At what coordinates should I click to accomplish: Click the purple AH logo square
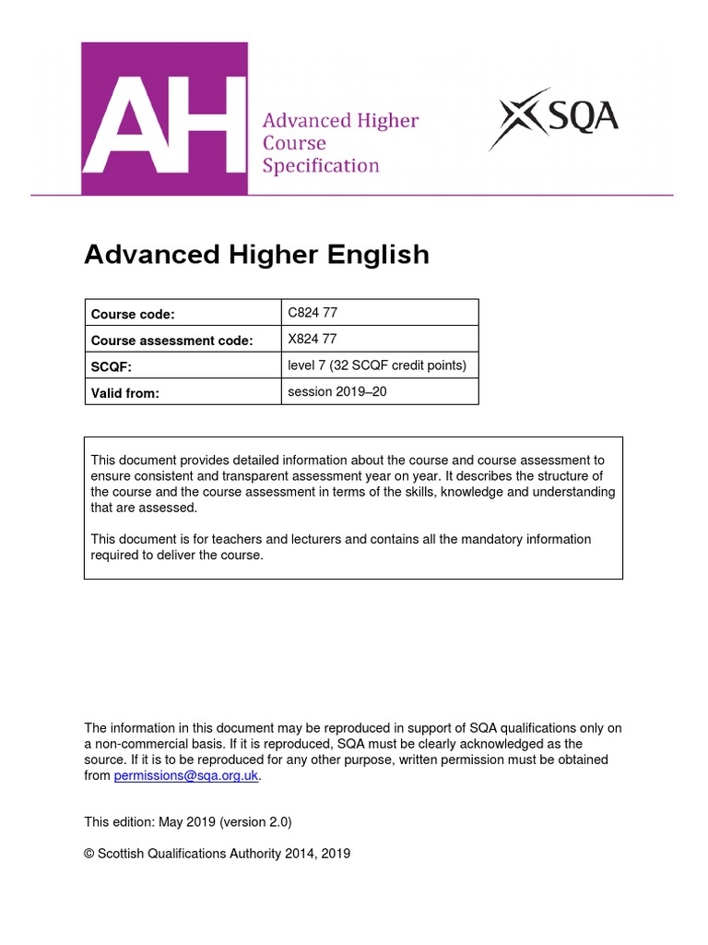pyautogui.click(x=164, y=118)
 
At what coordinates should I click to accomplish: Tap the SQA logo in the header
pyautogui.click(x=554, y=119)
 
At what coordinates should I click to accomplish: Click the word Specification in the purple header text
pyautogui.click(x=321, y=166)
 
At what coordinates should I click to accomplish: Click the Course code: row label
pyautogui.click(x=133, y=315)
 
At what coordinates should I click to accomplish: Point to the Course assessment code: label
pyautogui.click(x=171, y=341)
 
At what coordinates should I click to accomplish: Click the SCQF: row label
pyautogui.click(x=112, y=366)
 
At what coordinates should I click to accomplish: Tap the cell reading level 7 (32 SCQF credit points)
pyautogui.click(x=377, y=365)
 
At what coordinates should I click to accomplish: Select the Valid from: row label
pyautogui.click(x=125, y=392)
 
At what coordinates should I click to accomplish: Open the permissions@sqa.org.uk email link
pyautogui.click(x=186, y=776)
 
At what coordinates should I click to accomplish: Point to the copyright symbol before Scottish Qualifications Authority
pyautogui.click(x=88, y=854)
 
